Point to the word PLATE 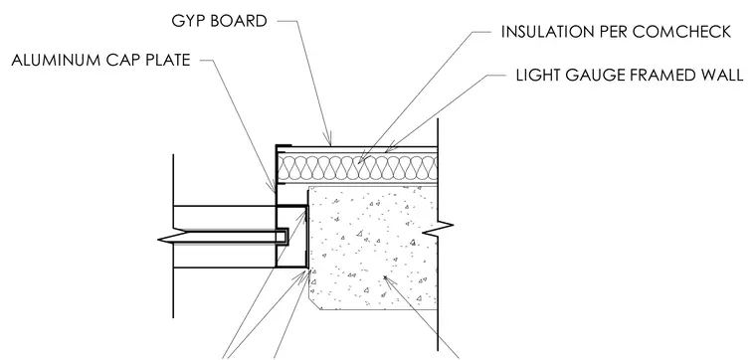[x=166, y=61]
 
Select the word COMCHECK [x=681, y=32]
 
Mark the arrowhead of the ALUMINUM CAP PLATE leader [x=273, y=187]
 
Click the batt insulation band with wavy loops [x=358, y=168]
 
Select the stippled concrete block [x=373, y=248]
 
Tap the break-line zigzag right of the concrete [x=438, y=226]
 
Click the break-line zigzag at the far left [x=173, y=237]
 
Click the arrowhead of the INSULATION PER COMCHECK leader [x=362, y=159]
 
